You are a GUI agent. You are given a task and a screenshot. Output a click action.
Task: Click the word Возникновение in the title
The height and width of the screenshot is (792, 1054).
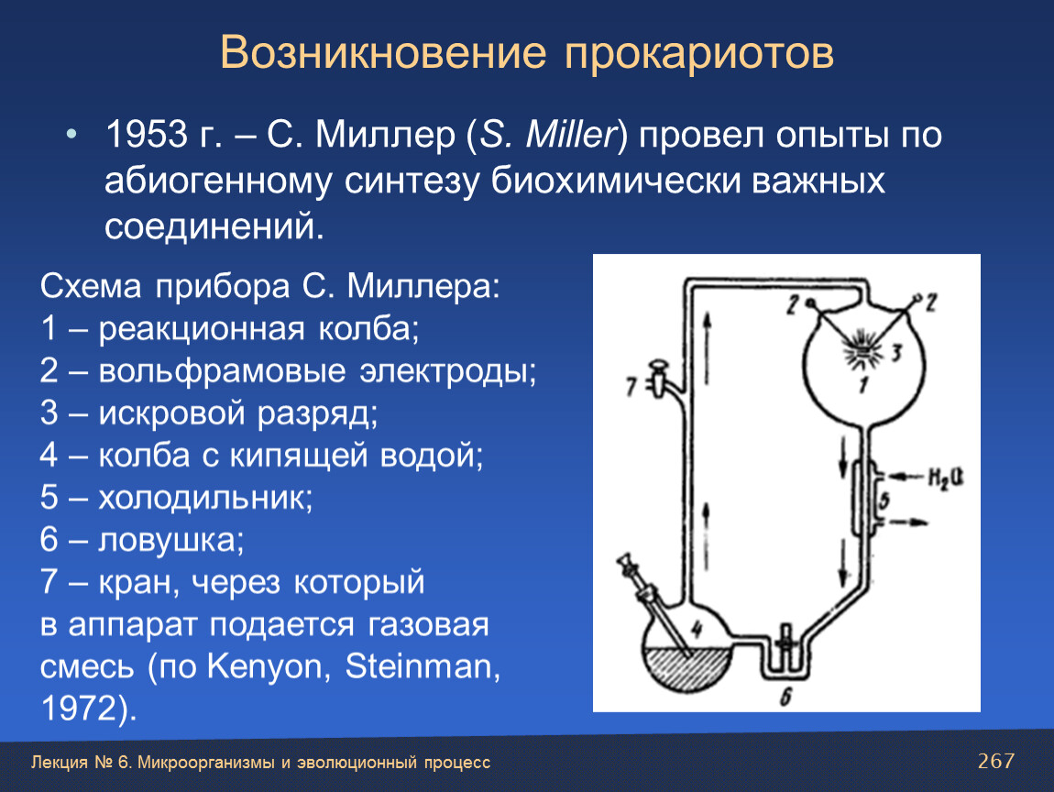[x=383, y=52]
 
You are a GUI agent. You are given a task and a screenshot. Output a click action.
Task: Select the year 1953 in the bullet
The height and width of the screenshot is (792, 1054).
[x=148, y=135]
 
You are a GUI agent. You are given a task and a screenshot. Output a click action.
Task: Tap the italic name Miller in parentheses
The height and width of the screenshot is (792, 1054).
[x=571, y=135]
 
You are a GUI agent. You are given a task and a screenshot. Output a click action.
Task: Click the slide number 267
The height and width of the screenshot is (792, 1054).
[x=996, y=761]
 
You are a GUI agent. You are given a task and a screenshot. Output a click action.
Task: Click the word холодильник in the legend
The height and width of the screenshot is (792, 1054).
[x=205, y=498]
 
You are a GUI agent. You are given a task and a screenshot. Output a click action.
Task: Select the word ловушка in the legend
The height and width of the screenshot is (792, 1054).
[x=171, y=540]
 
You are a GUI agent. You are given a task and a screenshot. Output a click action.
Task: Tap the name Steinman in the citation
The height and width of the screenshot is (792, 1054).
[x=423, y=666]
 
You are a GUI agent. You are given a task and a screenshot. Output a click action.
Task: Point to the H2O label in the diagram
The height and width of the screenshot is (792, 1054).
[x=946, y=478]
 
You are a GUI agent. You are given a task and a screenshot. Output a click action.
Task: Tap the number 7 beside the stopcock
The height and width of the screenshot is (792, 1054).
[x=631, y=387]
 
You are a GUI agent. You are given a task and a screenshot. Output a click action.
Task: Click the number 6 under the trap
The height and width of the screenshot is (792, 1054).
[x=785, y=697]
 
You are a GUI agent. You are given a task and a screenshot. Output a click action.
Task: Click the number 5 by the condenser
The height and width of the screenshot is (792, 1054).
[x=884, y=500]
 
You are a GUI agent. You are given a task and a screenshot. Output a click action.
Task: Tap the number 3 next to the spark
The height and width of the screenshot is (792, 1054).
[x=896, y=351]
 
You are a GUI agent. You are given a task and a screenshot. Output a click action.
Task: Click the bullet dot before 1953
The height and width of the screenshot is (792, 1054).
[x=71, y=135]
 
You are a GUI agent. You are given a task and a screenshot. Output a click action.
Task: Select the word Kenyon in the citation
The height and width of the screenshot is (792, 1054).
[x=266, y=666]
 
